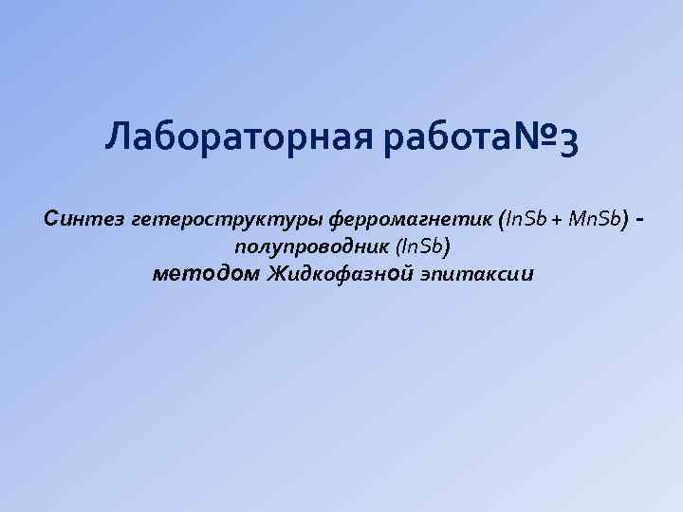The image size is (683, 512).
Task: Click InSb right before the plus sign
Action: (x=526, y=220)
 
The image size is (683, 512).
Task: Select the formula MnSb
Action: (x=594, y=220)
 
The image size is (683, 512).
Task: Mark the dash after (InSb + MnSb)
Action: (x=644, y=220)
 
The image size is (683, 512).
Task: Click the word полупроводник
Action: (x=305, y=247)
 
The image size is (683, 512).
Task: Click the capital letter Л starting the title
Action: (x=120, y=142)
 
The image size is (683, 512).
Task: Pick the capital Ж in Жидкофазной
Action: (x=278, y=274)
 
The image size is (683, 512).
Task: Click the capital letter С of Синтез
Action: (x=52, y=219)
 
